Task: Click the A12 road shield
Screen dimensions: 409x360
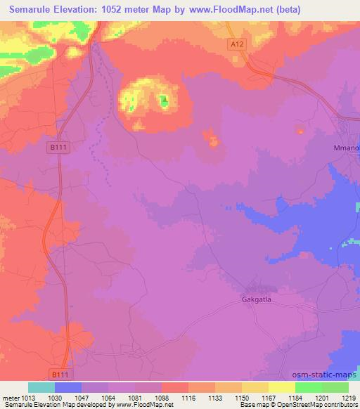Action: click(x=238, y=44)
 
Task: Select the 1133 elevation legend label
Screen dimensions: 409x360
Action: click(x=215, y=397)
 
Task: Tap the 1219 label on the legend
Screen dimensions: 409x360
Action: click(x=349, y=397)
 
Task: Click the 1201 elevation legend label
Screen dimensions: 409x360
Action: click(x=322, y=397)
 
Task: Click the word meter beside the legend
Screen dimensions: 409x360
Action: click(x=9, y=397)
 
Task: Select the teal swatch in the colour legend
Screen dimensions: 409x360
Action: click(x=41, y=387)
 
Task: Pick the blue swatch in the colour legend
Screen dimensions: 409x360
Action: click(x=68, y=387)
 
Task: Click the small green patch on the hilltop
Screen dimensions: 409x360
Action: click(x=164, y=102)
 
